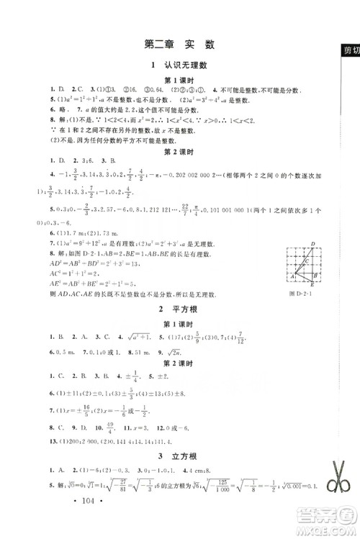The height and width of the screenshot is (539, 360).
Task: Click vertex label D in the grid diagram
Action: tap(313, 244)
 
